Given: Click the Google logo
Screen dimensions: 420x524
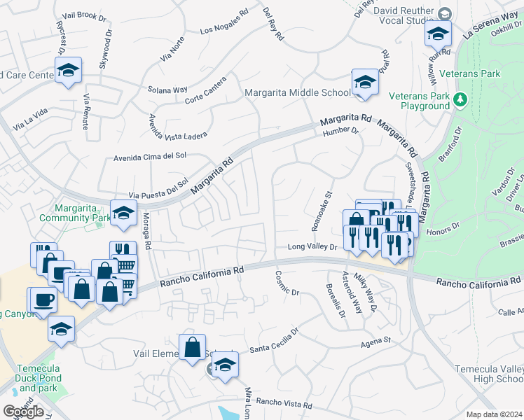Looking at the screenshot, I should point(23,412).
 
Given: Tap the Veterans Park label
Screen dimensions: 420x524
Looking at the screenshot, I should point(488,73).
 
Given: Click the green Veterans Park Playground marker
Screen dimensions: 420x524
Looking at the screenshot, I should point(460,99).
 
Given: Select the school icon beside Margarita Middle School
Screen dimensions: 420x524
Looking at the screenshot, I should point(364,83).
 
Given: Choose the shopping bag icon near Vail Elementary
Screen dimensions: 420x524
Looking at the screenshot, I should point(192,346).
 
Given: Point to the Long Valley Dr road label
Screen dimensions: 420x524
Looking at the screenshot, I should point(312,247).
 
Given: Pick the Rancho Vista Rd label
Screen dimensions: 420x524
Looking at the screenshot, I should point(284,404).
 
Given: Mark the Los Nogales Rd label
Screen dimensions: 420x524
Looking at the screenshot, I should point(224,22).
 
